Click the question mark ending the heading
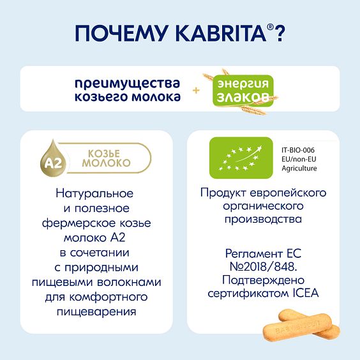[x=279, y=33]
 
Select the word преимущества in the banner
[x=128, y=84]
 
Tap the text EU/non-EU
[x=298, y=158]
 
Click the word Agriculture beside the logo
[x=299, y=169]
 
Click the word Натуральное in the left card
[x=94, y=193]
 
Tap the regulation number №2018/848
[x=263, y=266]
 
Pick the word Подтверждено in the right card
[x=263, y=280]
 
